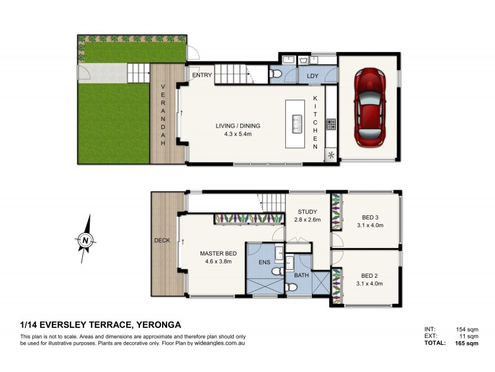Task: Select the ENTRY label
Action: coord(202,76)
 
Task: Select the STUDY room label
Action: coord(306,211)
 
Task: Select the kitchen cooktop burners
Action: coord(331,125)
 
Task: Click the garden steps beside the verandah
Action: coord(138,74)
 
